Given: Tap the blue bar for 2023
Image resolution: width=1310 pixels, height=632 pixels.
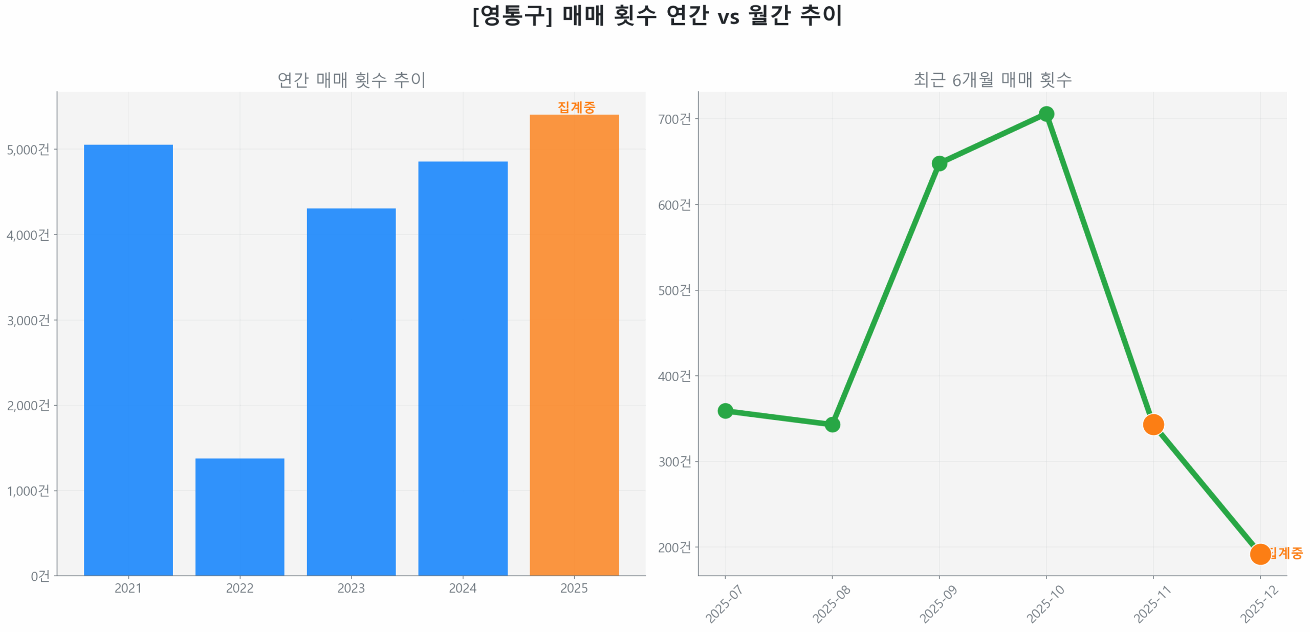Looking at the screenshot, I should [351, 392].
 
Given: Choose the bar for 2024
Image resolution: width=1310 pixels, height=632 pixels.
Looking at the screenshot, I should [463, 368].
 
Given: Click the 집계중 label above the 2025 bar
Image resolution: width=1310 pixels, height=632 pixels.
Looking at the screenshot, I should [576, 107].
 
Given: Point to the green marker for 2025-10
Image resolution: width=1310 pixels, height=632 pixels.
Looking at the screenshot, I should [1046, 114].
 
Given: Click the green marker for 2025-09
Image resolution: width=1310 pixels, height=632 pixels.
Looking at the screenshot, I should [939, 163].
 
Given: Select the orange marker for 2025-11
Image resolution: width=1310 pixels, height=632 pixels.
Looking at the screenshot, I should [1153, 424].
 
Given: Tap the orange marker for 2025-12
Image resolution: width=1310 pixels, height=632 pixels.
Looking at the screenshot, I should [1260, 554].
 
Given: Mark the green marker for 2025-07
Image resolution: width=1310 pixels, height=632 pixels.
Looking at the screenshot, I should [725, 411].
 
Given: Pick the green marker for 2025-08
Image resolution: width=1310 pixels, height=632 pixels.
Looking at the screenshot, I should [832, 425].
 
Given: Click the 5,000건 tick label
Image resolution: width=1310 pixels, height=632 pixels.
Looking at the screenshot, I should [28, 150].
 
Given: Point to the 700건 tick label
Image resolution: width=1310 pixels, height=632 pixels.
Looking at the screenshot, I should [674, 119].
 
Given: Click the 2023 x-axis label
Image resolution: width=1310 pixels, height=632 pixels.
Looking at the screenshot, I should [351, 588].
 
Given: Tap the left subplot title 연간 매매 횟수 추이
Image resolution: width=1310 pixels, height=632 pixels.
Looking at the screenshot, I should [351, 80].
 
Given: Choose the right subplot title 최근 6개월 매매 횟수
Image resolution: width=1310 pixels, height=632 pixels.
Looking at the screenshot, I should [992, 80].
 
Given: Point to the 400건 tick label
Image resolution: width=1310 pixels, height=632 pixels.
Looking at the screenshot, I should [674, 376].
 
